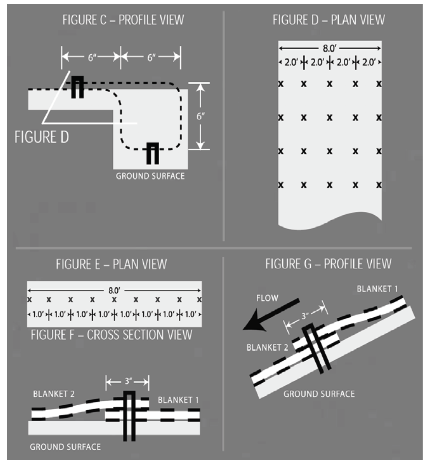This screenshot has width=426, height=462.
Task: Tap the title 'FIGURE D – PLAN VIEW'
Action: point(329,20)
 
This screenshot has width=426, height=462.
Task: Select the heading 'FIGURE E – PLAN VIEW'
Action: point(112,264)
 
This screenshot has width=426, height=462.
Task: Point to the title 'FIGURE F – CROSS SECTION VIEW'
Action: point(112,334)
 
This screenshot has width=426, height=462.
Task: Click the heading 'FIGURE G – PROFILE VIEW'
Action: point(328,264)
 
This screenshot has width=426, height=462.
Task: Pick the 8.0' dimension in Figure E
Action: point(114,290)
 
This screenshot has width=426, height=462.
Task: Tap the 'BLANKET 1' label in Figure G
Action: point(378,289)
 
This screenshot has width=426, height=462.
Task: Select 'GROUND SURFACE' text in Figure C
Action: point(150,176)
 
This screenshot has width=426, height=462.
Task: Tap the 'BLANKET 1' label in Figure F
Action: point(178,400)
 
